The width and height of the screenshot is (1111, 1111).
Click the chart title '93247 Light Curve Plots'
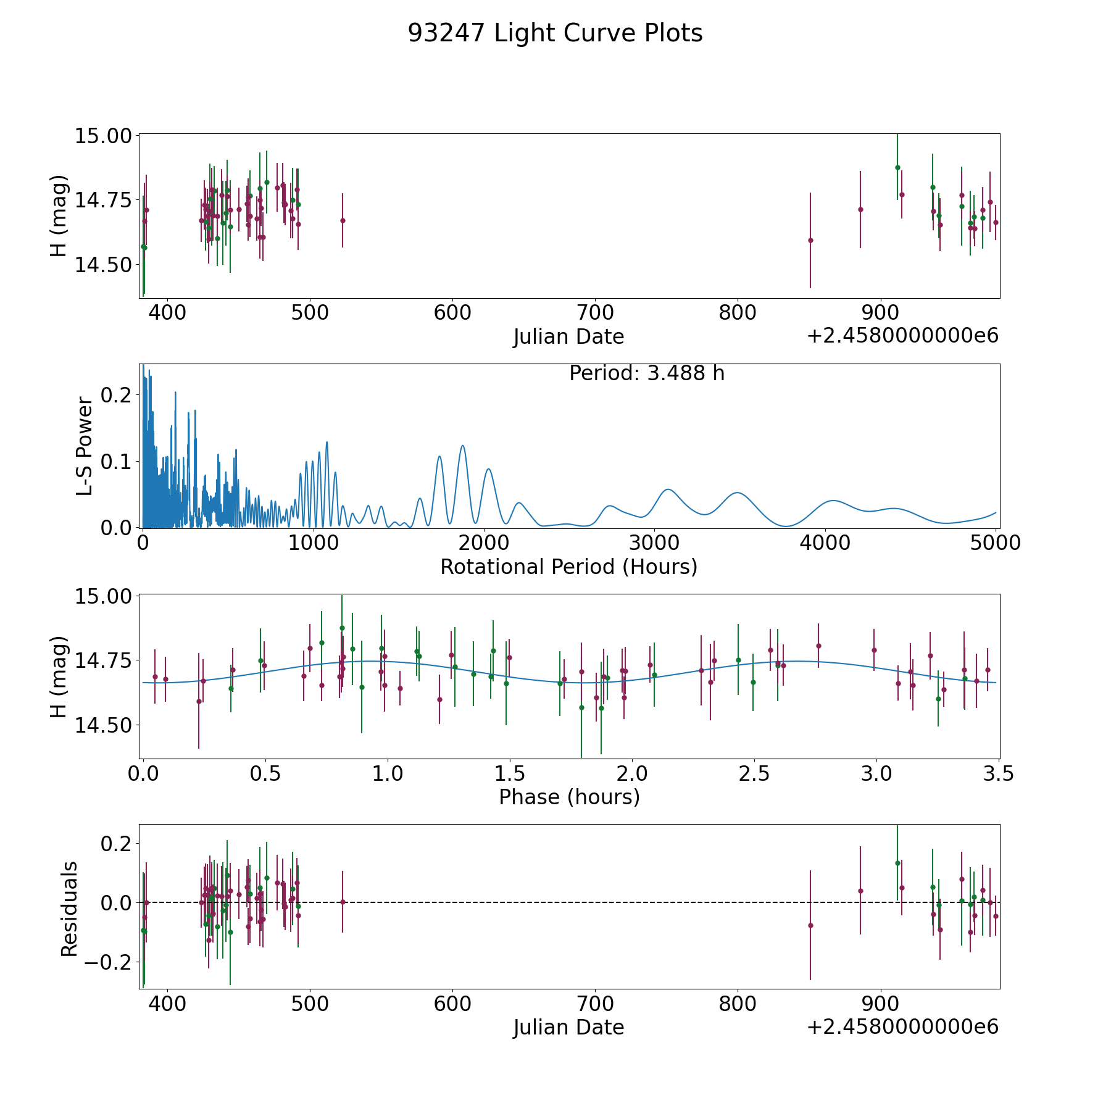pos(555,33)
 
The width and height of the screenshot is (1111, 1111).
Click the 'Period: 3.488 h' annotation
pos(646,373)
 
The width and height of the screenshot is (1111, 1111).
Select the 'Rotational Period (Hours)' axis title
pos(568,567)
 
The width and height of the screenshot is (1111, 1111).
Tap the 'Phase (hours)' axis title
pos(568,797)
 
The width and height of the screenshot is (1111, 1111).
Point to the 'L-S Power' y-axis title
pos(85,446)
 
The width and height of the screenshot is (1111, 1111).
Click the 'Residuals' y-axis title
pos(69,909)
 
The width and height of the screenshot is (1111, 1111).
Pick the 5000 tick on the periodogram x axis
pos(996,543)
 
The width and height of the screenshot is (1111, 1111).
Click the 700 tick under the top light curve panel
pos(595,313)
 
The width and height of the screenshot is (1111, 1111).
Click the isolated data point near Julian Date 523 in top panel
pos(343,220)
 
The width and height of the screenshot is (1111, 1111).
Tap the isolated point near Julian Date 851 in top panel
pos(810,240)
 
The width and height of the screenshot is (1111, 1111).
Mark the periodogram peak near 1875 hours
pos(462,446)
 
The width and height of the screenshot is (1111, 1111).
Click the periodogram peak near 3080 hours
pos(668,489)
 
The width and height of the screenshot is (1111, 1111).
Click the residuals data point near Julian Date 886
pos(860,891)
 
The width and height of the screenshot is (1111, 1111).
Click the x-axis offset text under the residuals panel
pos(902,1027)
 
